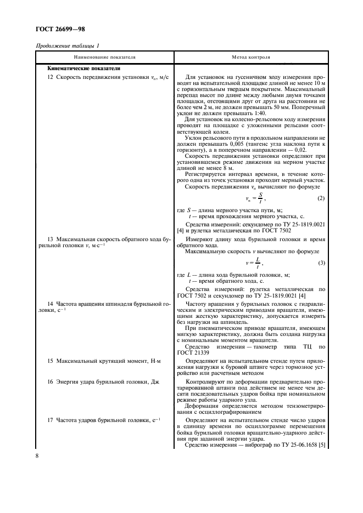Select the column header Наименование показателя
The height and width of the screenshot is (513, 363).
pyautogui.click(x=105, y=56)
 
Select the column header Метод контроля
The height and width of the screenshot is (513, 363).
pyautogui.click(x=251, y=56)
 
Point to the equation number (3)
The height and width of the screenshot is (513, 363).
pyautogui.click(x=321, y=264)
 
